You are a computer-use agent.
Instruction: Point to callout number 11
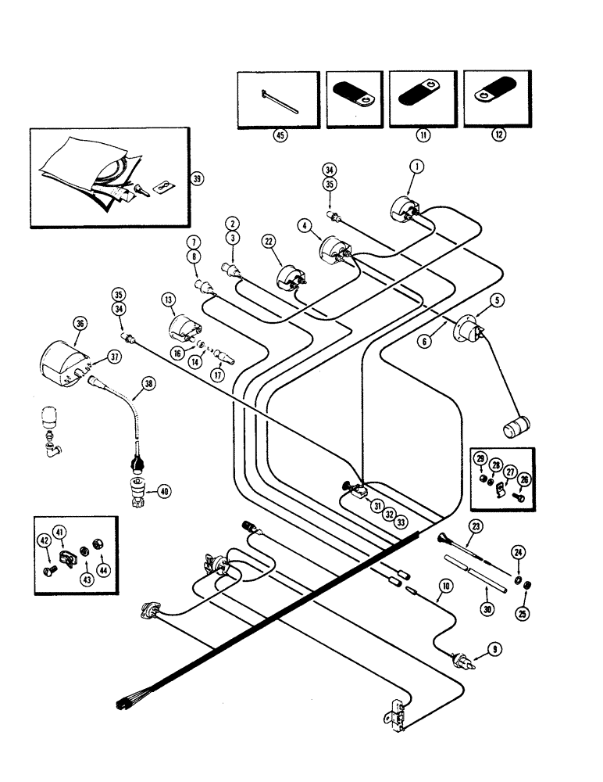click(x=423, y=135)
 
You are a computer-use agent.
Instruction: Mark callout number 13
click(x=167, y=301)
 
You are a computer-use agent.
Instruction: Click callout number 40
click(x=164, y=491)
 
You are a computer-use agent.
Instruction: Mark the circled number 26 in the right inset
click(x=524, y=479)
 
